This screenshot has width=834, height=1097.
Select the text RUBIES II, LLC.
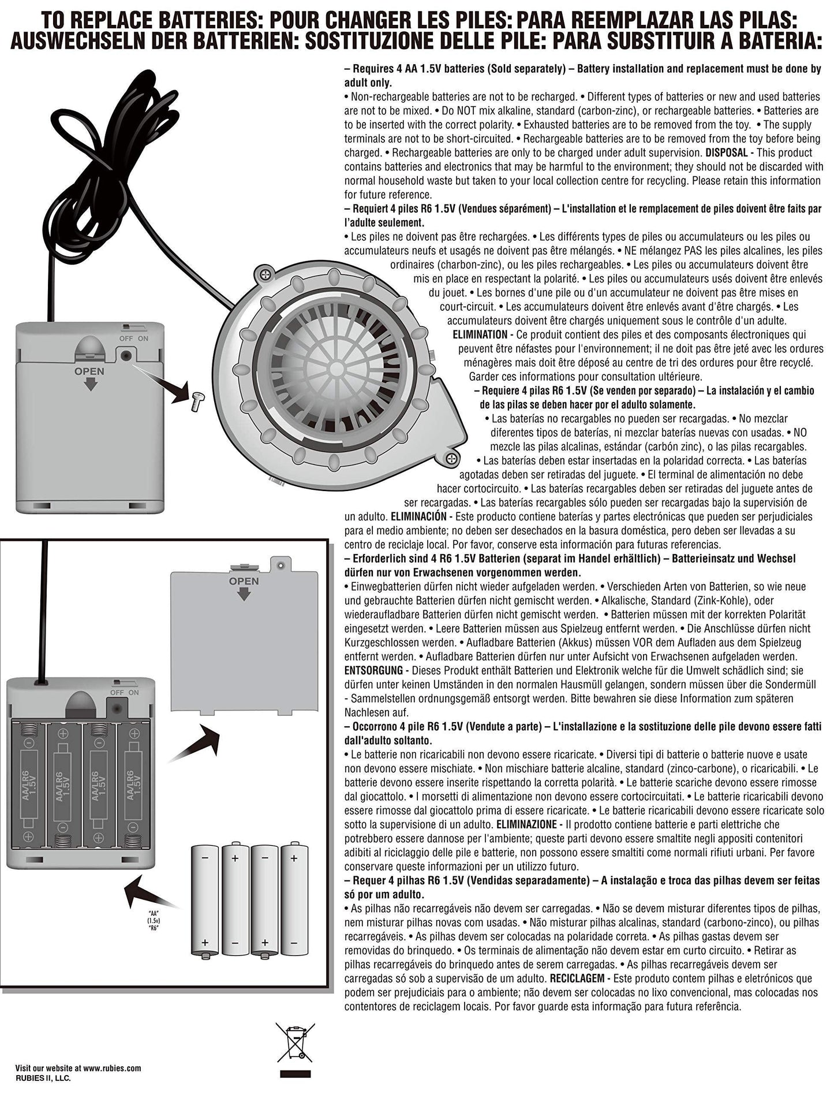click(43, 1078)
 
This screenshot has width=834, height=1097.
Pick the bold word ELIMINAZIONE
click(526, 824)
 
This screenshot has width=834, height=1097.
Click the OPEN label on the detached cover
click(244, 581)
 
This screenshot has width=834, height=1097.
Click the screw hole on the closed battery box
click(125, 356)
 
